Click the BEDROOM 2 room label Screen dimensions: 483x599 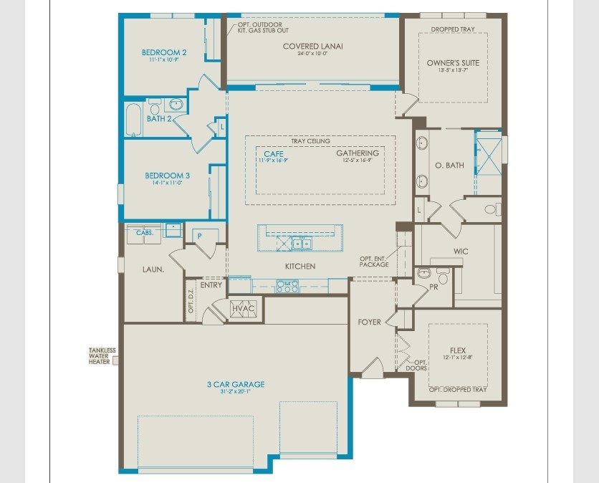[164, 52]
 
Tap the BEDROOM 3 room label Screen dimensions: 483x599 [167, 176]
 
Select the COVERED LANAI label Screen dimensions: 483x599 [312, 47]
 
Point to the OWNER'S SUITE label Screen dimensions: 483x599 [453, 63]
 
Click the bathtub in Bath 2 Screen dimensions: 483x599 [134, 120]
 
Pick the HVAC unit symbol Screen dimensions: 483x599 [244, 308]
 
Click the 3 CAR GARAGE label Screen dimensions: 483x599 [237, 385]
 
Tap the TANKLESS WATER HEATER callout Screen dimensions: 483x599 [102, 356]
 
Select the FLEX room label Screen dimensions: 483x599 [458, 351]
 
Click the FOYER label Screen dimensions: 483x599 [370, 322]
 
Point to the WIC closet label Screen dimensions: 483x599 [461, 252]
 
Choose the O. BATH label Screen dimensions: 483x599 [449, 166]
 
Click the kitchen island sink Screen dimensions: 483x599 [302, 244]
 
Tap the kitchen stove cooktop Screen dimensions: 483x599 [287, 287]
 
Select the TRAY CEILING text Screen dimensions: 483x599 [310, 141]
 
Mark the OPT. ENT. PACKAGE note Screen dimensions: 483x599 [374, 262]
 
